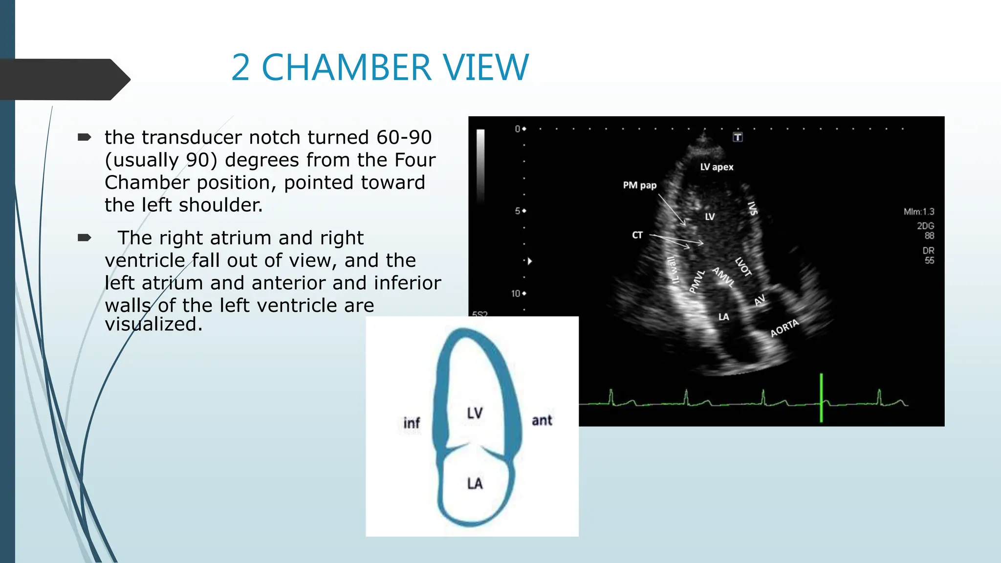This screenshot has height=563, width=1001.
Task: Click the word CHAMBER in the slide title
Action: point(347,67)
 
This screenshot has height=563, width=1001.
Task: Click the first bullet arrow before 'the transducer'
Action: point(84,137)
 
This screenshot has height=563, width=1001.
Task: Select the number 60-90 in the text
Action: point(404,137)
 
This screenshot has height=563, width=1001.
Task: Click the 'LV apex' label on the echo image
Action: point(717,167)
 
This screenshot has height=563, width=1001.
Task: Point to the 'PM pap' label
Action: point(639,185)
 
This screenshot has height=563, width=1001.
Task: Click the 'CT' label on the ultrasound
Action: point(637,235)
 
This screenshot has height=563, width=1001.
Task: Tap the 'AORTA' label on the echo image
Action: point(784,327)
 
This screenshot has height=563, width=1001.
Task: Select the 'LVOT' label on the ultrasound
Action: point(743,267)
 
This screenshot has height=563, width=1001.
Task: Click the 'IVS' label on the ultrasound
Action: point(753,209)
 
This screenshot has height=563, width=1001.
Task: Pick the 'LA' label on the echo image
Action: point(723,317)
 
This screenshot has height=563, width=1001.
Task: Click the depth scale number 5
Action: point(518,211)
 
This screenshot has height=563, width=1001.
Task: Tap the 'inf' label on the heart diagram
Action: point(412,423)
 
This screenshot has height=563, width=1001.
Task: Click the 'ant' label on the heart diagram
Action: point(542,420)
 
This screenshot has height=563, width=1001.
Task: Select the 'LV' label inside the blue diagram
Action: point(475,413)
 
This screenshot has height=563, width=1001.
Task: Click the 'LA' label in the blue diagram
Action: point(475,483)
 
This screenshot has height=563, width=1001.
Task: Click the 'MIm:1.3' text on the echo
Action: point(918,212)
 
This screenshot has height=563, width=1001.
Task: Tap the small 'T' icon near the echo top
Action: point(738,137)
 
